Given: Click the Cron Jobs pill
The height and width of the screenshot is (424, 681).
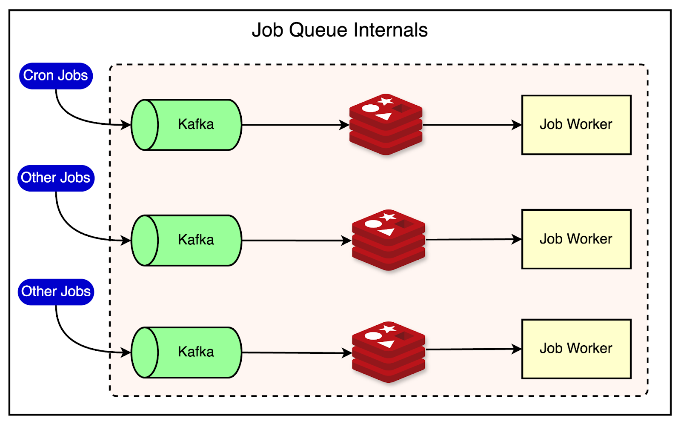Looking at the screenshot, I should pyautogui.click(x=56, y=76).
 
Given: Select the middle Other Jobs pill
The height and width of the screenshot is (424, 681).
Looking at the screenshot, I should pyautogui.click(x=56, y=178).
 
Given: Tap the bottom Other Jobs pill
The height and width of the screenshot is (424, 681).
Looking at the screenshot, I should pyautogui.click(x=56, y=292).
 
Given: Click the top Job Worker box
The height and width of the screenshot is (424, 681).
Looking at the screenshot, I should pyautogui.click(x=576, y=125).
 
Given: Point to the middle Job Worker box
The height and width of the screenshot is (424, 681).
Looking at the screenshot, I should pyautogui.click(x=576, y=239).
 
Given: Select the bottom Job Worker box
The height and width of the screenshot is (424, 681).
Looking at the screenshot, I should pyautogui.click(x=576, y=349).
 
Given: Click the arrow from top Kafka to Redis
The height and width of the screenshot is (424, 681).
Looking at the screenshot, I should pyautogui.click(x=294, y=125).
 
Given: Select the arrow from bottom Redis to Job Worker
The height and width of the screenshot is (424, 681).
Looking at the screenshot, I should pyautogui.click(x=472, y=349).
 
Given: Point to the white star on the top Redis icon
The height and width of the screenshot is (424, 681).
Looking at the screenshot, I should pyautogui.click(x=386, y=101).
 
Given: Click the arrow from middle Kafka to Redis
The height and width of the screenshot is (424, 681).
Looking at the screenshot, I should pyautogui.click(x=294, y=241).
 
